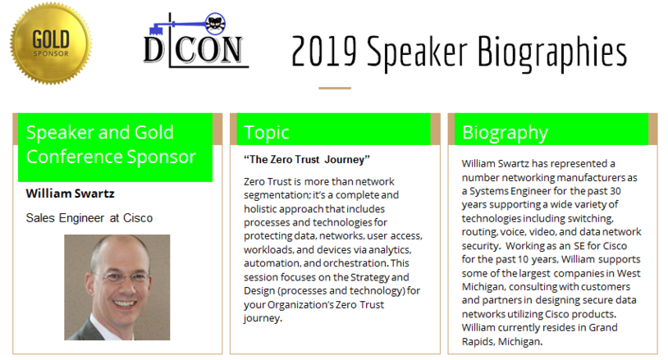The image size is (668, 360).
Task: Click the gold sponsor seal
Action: [51, 43]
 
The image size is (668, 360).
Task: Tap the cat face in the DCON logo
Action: [215, 24]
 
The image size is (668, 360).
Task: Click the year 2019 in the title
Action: [324, 52]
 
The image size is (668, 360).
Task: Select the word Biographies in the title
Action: [551, 53]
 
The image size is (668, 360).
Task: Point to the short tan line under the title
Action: [335, 88]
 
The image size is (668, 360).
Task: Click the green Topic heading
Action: [267, 132]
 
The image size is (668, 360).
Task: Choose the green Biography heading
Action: [505, 133]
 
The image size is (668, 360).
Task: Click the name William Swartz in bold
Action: [71, 194]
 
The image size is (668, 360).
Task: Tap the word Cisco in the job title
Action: [138, 218]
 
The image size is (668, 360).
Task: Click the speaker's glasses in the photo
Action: [121, 278]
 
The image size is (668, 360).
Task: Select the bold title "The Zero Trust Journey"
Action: [307, 160]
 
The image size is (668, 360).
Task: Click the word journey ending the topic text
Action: [263, 319]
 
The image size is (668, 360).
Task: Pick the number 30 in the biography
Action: [615, 190]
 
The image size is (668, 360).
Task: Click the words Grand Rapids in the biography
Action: [539, 335]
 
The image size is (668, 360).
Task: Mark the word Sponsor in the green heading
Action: [162, 157]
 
